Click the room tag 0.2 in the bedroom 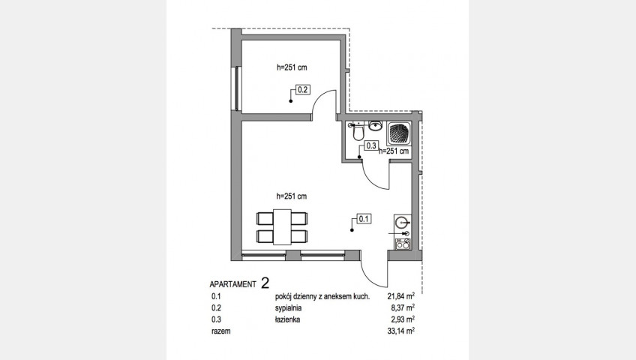point(303,89)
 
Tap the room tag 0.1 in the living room point(364,219)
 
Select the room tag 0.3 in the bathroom point(371,145)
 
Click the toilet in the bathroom point(358,132)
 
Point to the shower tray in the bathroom point(399,133)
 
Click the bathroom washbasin point(376,126)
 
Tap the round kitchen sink point(402,222)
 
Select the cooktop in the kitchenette point(403,244)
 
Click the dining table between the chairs point(282,226)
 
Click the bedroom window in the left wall point(236,88)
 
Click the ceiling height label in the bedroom point(292,67)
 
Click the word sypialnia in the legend point(288,308)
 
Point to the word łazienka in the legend point(287,319)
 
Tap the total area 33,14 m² point(400,331)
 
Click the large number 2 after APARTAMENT point(265,283)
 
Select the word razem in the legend point(220,331)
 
